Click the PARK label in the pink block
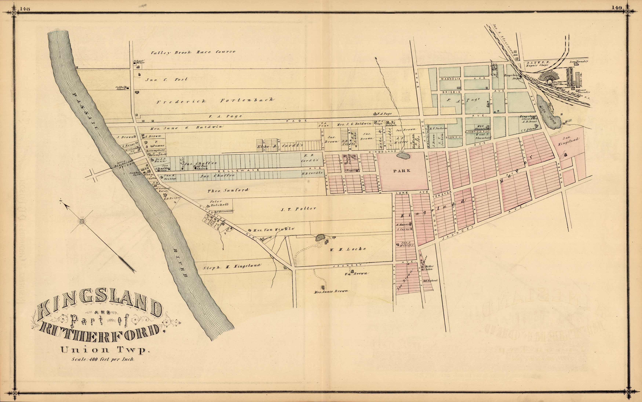(x=402, y=171)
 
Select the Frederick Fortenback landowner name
(x=215, y=101)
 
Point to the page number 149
(x=617, y=8)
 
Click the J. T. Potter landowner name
(x=299, y=209)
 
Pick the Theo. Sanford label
(x=228, y=190)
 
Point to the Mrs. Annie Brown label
(x=331, y=291)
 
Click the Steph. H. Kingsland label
(x=232, y=266)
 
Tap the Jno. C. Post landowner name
(x=166, y=79)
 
